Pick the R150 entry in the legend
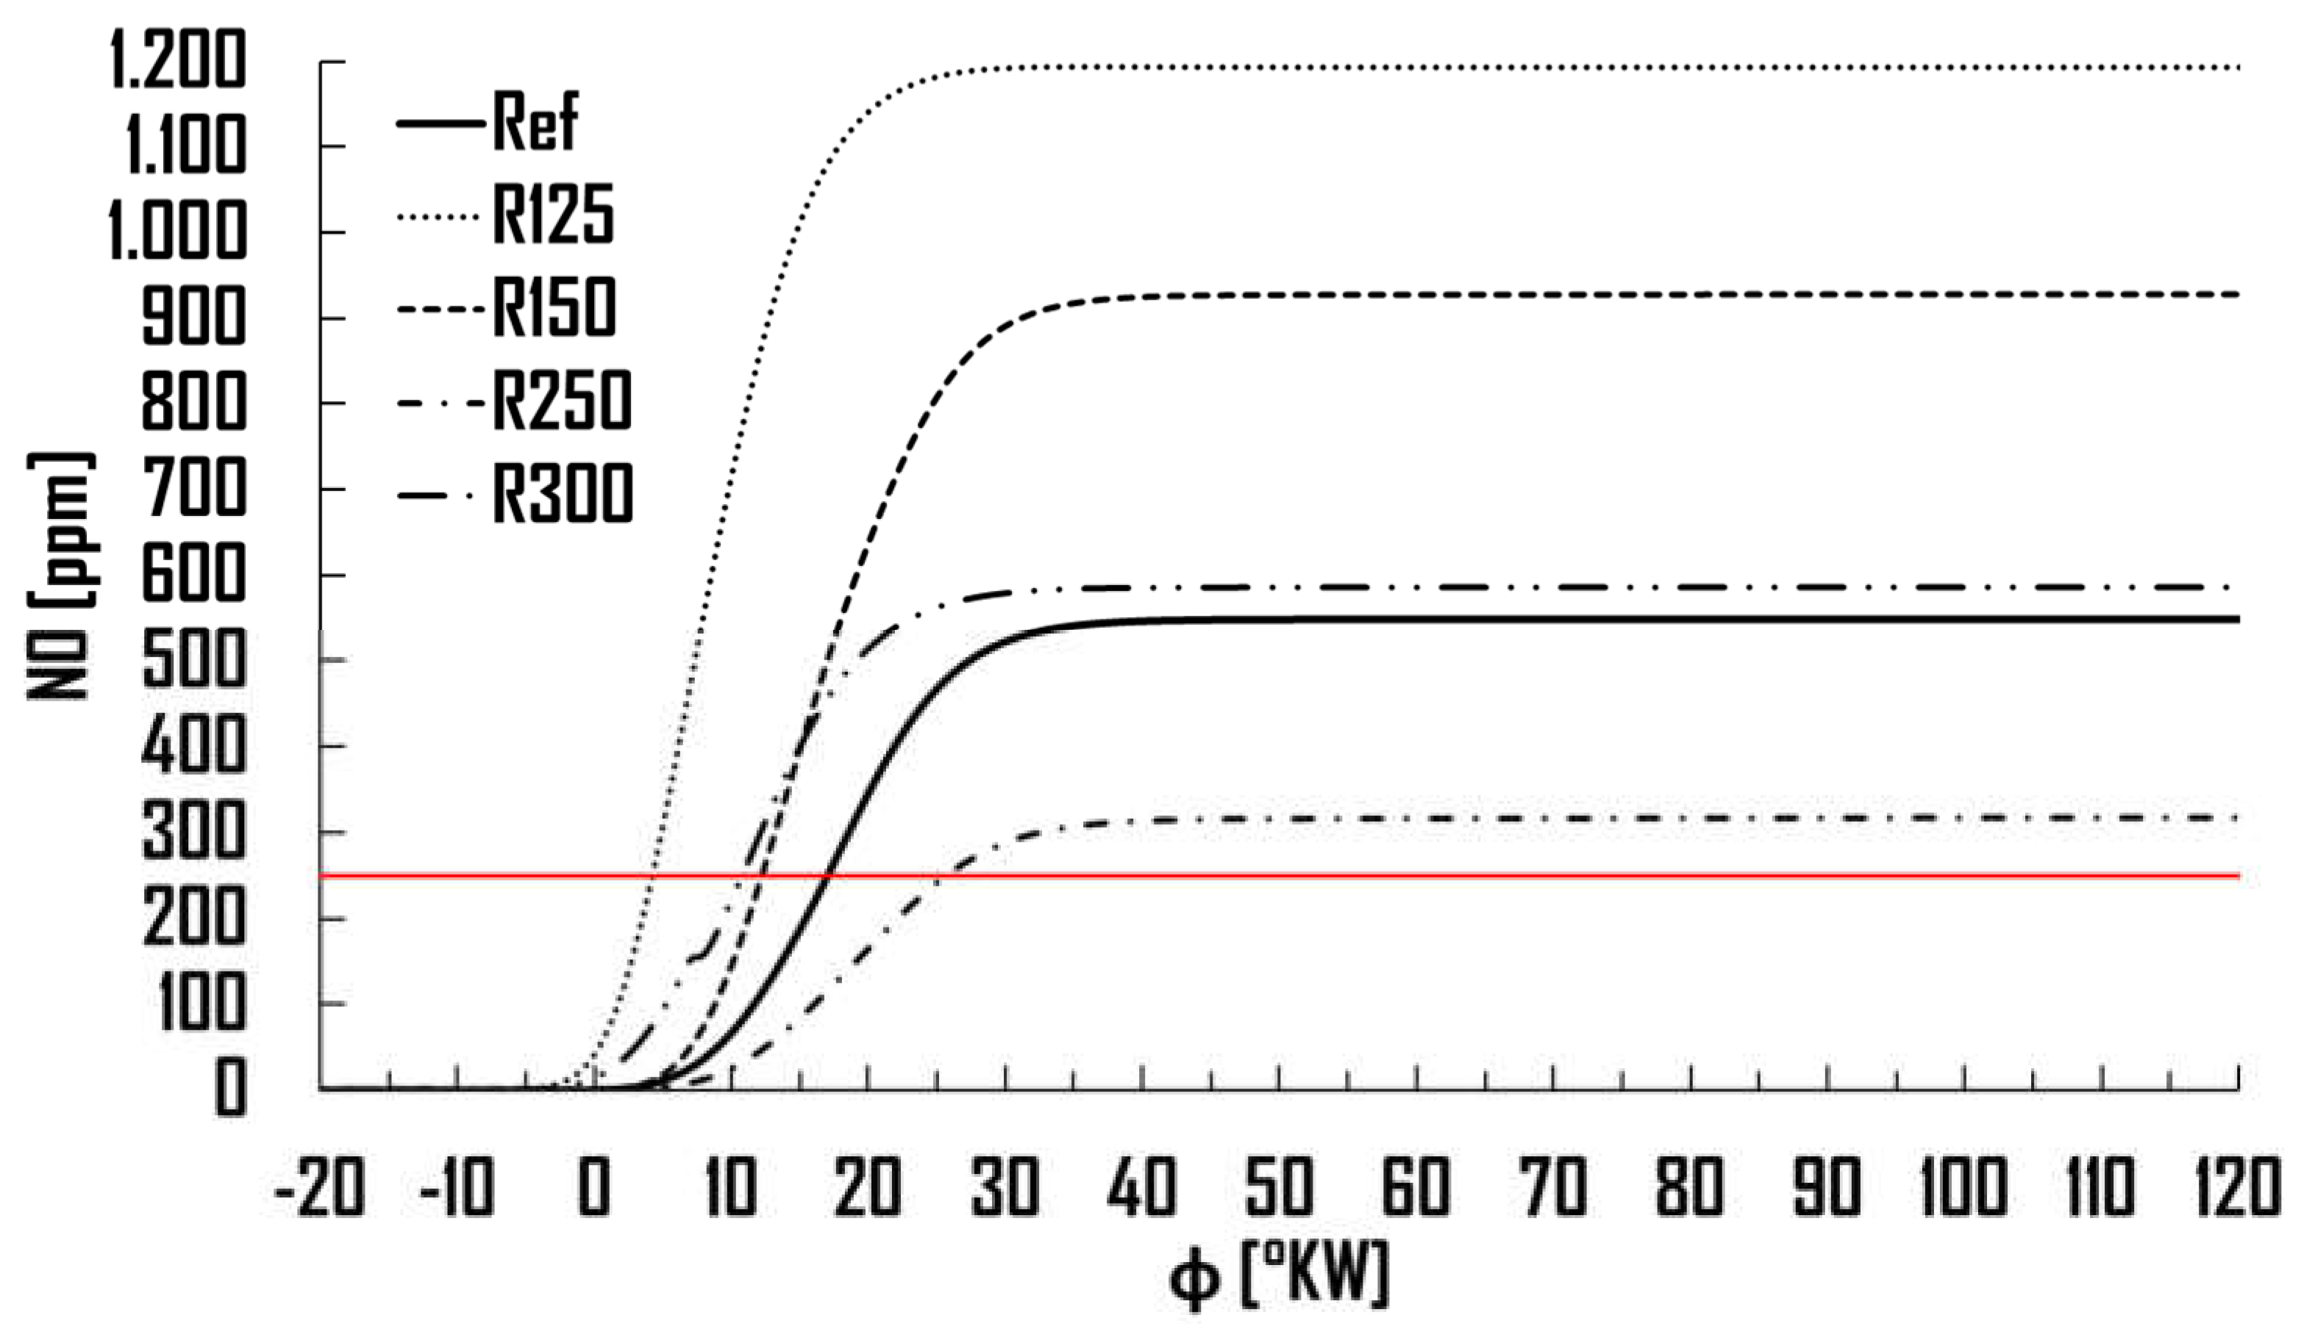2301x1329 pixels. [554, 307]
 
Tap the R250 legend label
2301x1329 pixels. [562, 401]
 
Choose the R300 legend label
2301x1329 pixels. [563, 494]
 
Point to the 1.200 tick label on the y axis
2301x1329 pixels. [178, 62]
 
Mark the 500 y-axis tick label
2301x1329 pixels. [193, 660]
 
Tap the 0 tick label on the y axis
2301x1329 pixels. [230, 1088]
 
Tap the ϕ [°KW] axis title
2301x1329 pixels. [1278, 1276]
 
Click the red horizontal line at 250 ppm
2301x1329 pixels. [1552, 876]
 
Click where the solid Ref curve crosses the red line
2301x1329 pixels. [828, 876]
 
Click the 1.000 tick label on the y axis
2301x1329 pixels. [178, 232]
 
